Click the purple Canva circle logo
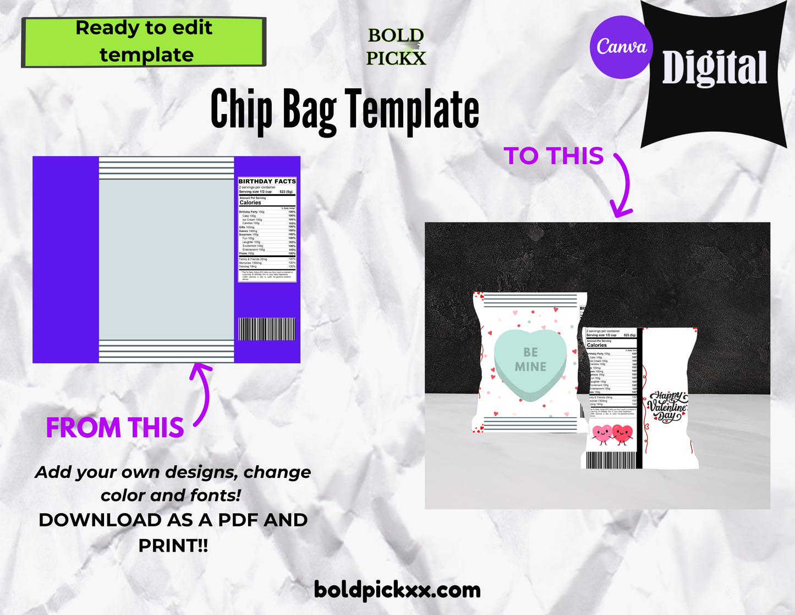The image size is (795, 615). point(622,47)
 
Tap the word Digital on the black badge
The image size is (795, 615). point(714,68)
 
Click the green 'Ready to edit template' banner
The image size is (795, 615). point(144,42)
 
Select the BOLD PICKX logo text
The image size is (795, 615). point(396,47)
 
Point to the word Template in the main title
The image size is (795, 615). point(413,110)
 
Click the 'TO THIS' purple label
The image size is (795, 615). point(553,156)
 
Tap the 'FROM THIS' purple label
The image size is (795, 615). point(114,428)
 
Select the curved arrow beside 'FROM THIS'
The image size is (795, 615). point(202,394)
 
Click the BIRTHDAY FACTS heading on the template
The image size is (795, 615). point(267,181)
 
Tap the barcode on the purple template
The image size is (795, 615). point(267,329)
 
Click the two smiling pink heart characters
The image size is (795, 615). point(612,435)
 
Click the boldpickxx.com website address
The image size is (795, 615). point(397,590)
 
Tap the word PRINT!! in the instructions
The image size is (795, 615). point(173,546)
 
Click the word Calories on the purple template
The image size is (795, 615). point(250,203)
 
